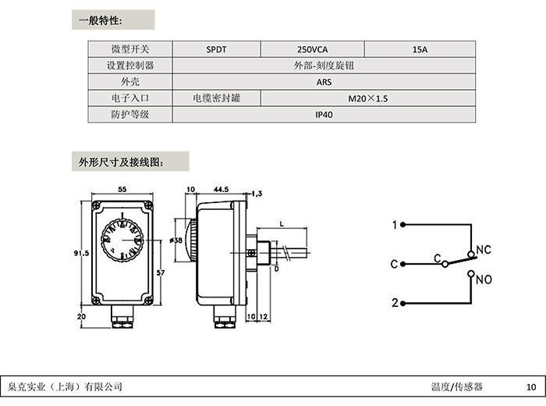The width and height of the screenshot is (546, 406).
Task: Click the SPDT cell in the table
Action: [x=217, y=48]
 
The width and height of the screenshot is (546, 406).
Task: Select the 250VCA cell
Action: [x=314, y=48]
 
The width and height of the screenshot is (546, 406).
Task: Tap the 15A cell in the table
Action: [x=419, y=48]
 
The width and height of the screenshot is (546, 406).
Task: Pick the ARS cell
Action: [x=324, y=82]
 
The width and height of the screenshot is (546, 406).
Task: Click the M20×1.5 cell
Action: [x=367, y=98]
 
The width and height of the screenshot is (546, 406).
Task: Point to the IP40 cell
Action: [x=324, y=115]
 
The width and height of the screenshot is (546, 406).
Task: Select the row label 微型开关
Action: [x=129, y=48]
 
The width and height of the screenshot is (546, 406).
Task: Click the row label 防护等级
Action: [x=129, y=115]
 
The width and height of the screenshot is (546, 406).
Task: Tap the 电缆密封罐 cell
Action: [x=216, y=98]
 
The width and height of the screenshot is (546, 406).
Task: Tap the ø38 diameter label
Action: [x=177, y=240]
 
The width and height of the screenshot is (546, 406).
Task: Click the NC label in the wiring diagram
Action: [x=483, y=251]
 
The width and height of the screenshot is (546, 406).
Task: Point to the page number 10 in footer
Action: [x=531, y=386]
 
